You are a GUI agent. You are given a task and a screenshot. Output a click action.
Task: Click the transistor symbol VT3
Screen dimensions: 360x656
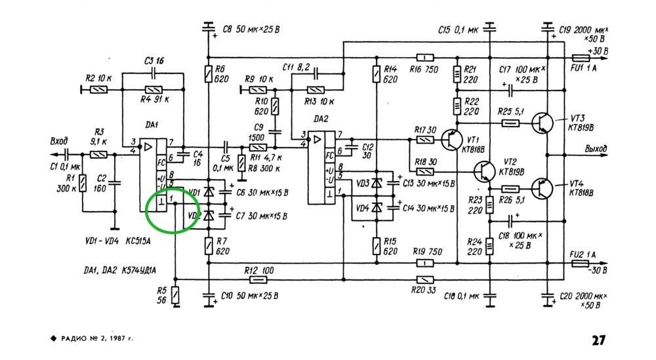[542, 122]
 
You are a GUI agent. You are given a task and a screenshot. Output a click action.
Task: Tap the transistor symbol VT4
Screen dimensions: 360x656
[542, 188]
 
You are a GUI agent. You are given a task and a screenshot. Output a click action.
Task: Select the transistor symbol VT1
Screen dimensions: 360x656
[451, 139]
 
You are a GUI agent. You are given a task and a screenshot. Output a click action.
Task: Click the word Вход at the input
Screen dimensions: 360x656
[60, 141]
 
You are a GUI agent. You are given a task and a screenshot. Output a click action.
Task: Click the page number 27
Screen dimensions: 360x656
[598, 340]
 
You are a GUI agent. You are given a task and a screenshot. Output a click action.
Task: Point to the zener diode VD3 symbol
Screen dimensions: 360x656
[376, 183]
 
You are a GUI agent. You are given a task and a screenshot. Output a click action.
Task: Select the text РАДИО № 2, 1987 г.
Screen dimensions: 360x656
[96, 340]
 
